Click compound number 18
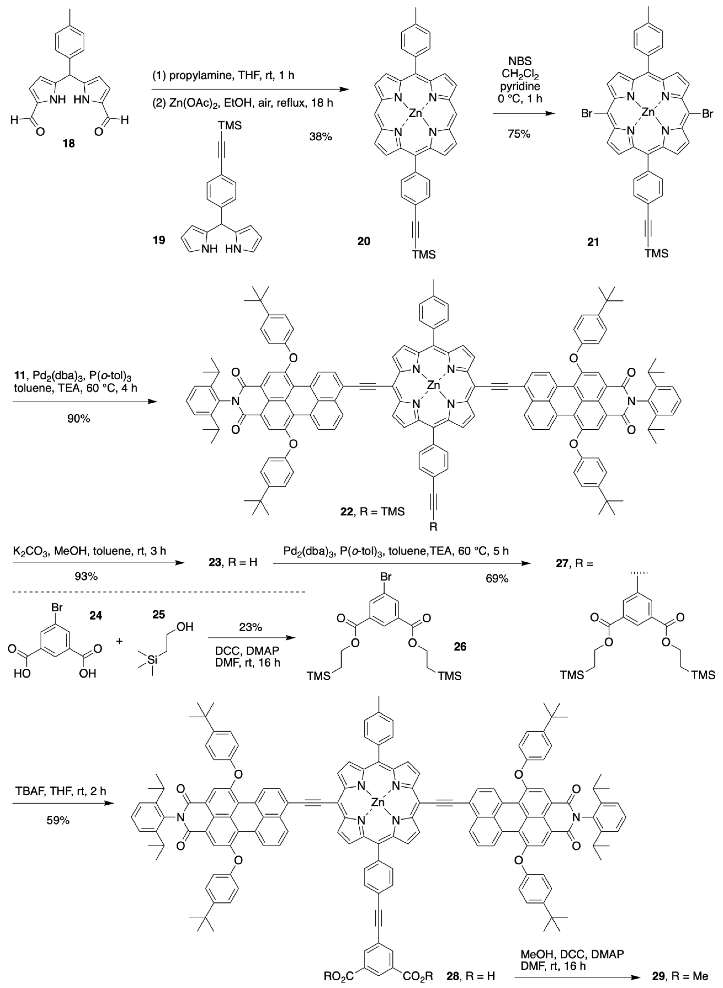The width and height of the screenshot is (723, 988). pyautogui.click(x=69, y=143)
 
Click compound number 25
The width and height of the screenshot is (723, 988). pyautogui.click(x=158, y=615)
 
